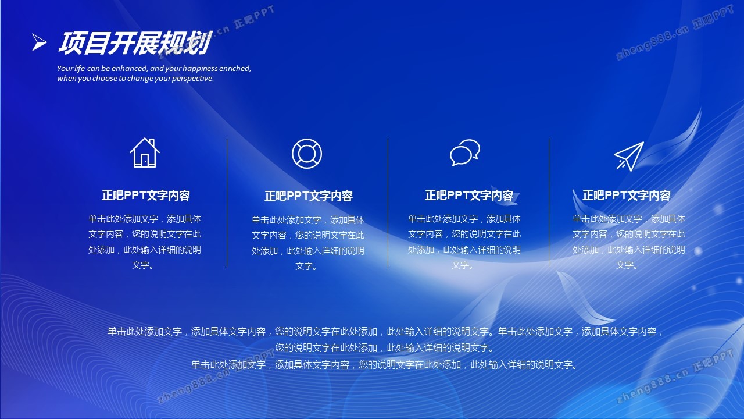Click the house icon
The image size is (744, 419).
(x=145, y=153)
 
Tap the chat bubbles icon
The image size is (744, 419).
(x=465, y=152)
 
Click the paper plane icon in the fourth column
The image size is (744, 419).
(x=629, y=157)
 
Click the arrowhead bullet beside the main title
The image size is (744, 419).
(x=39, y=42)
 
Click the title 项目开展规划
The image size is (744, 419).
(x=134, y=43)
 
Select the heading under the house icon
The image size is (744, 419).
(x=145, y=195)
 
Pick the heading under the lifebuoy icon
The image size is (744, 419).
(x=308, y=196)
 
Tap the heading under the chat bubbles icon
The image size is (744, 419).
(x=469, y=195)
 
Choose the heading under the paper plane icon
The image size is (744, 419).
(x=627, y=195)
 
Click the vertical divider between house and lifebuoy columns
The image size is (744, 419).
(x=227, y=203)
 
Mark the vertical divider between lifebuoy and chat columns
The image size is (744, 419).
(x=388, y=203)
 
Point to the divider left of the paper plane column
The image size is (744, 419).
(x=549, y=203)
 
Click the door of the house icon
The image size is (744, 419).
(x=145, y=161)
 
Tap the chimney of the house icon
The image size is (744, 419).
(x=152, y=143)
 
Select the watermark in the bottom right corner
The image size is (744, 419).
(x=674, y=376)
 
